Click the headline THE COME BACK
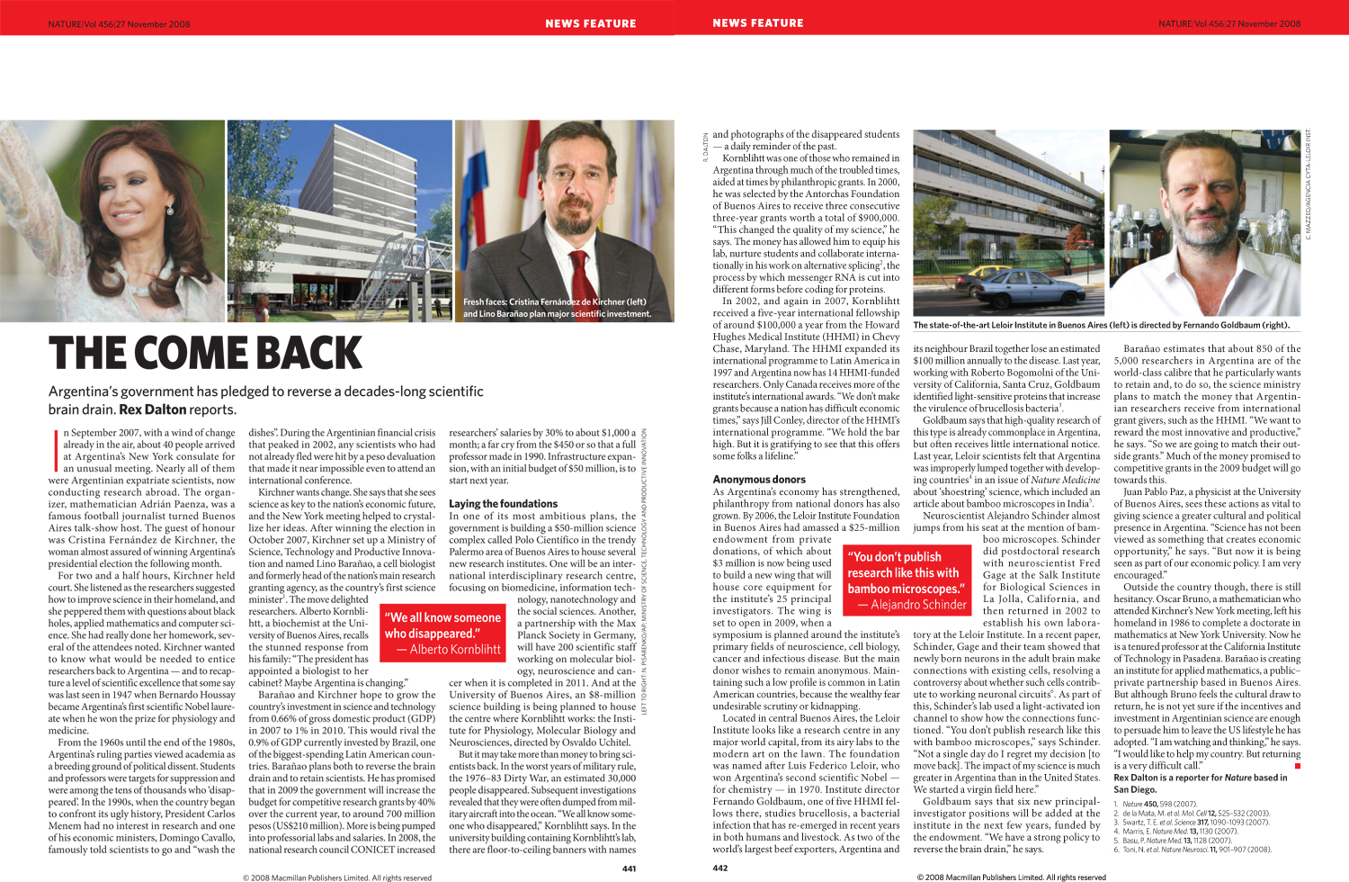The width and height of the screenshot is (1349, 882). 205,354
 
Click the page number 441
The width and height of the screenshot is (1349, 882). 629,868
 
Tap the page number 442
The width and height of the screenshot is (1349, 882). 720,868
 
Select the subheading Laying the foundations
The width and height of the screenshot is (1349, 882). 503,504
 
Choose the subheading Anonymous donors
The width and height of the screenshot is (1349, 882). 759,480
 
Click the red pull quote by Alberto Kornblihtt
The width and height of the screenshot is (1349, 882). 442,633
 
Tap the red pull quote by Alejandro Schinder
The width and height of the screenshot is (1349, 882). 907,580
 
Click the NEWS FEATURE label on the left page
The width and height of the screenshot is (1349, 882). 590,23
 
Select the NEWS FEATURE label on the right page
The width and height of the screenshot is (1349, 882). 758,23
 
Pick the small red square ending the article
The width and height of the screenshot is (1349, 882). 1297,766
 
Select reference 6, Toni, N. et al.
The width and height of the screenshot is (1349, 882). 1193,850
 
